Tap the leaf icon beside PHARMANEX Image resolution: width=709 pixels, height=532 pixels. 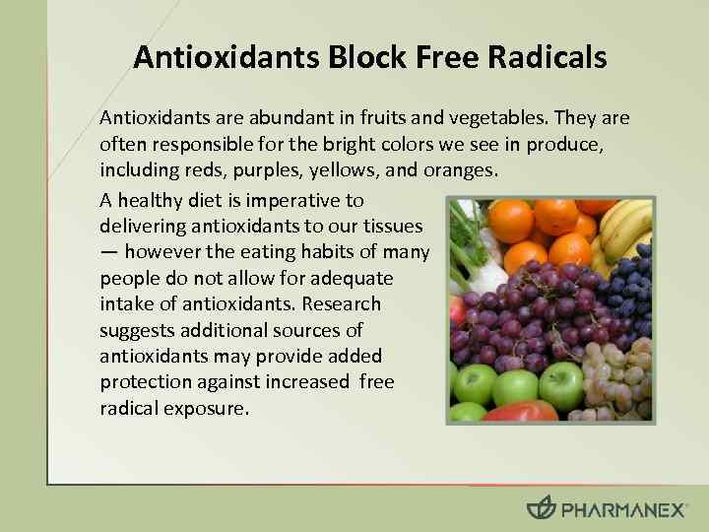[541, 508]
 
